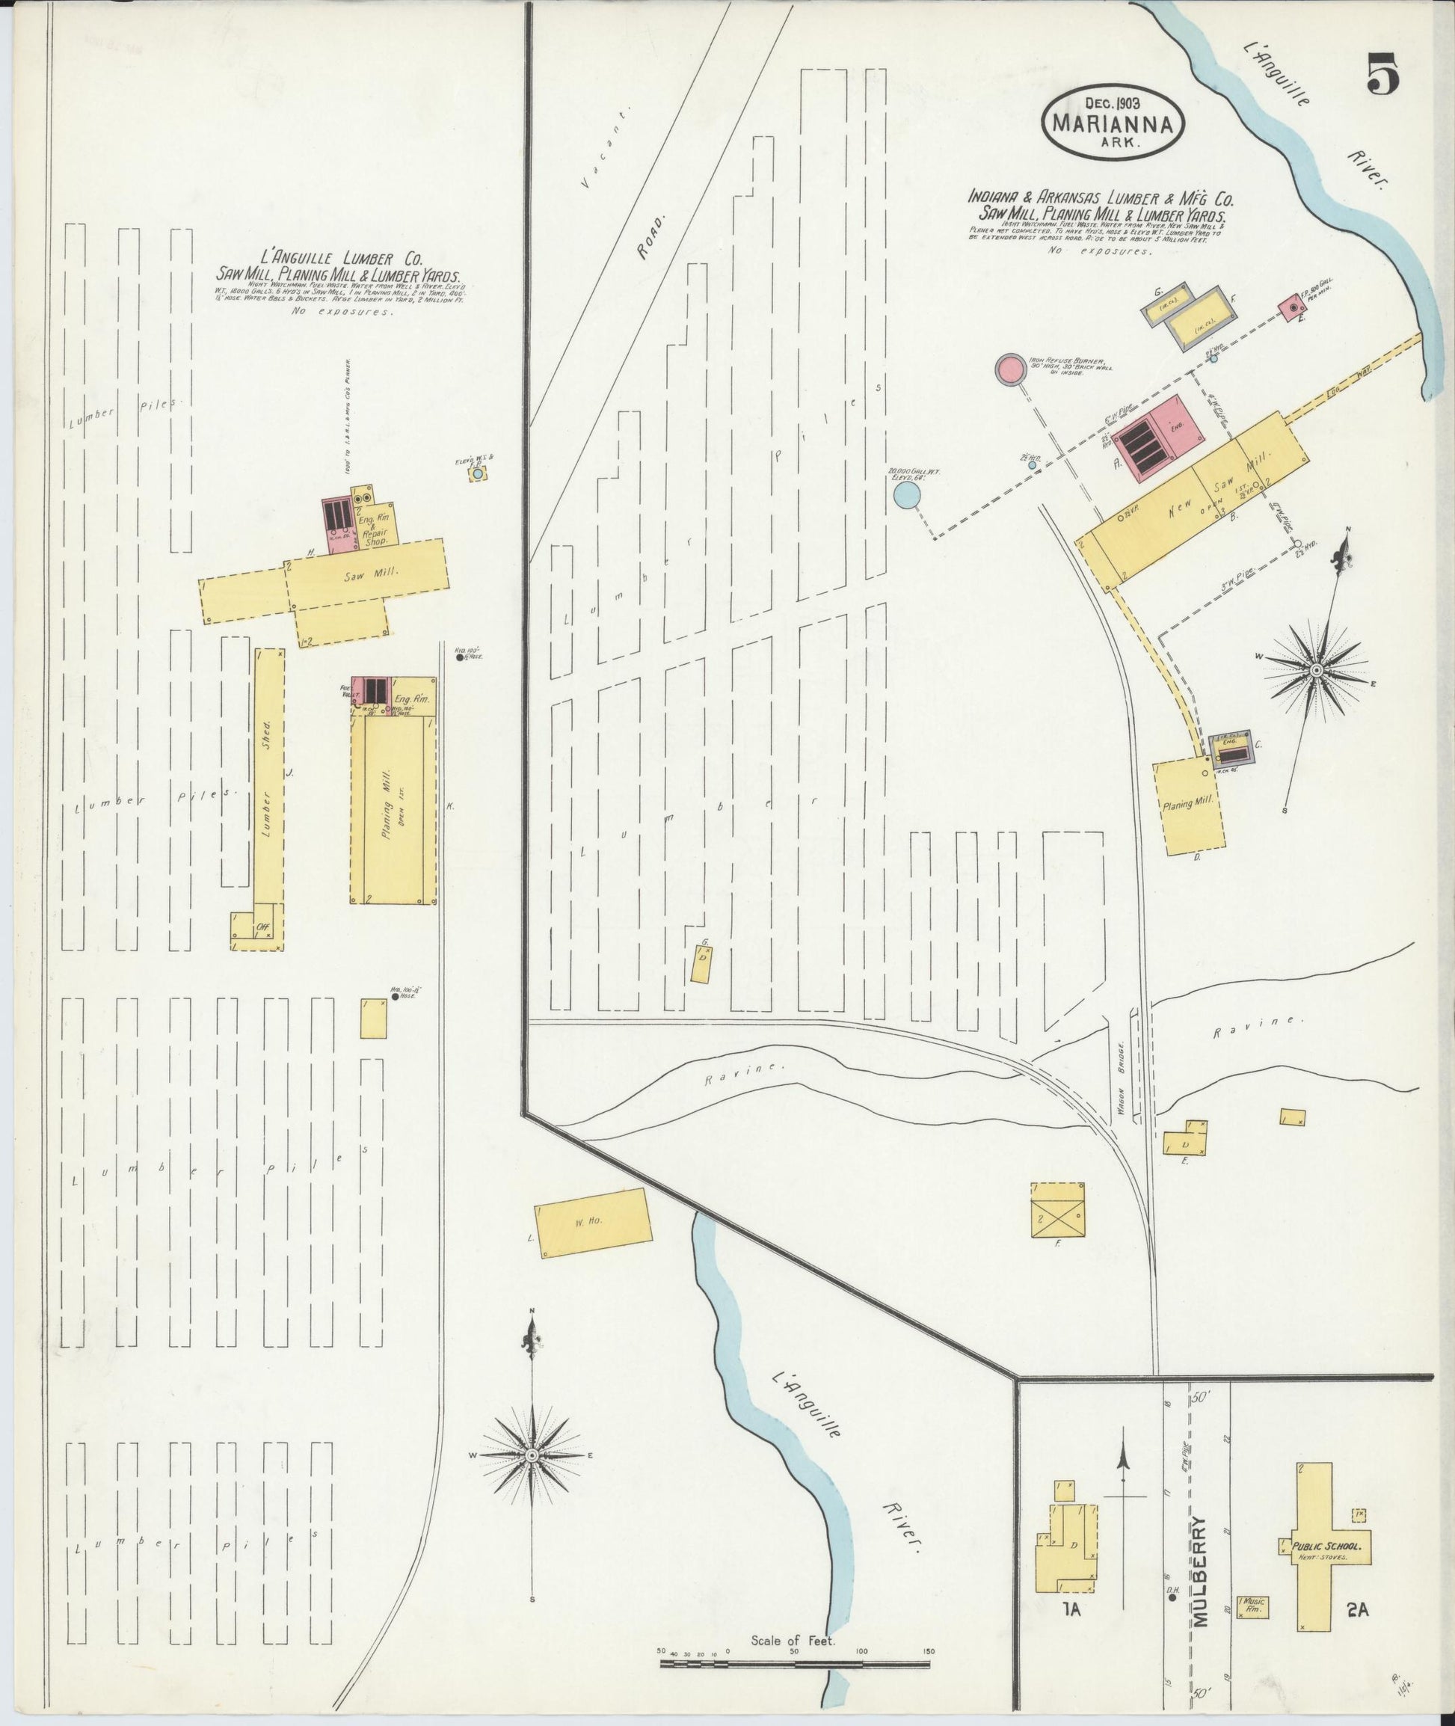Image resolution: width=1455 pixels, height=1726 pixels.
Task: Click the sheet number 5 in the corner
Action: [1382, 75]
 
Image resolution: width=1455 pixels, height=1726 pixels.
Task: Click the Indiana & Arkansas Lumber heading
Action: [1101, 198]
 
